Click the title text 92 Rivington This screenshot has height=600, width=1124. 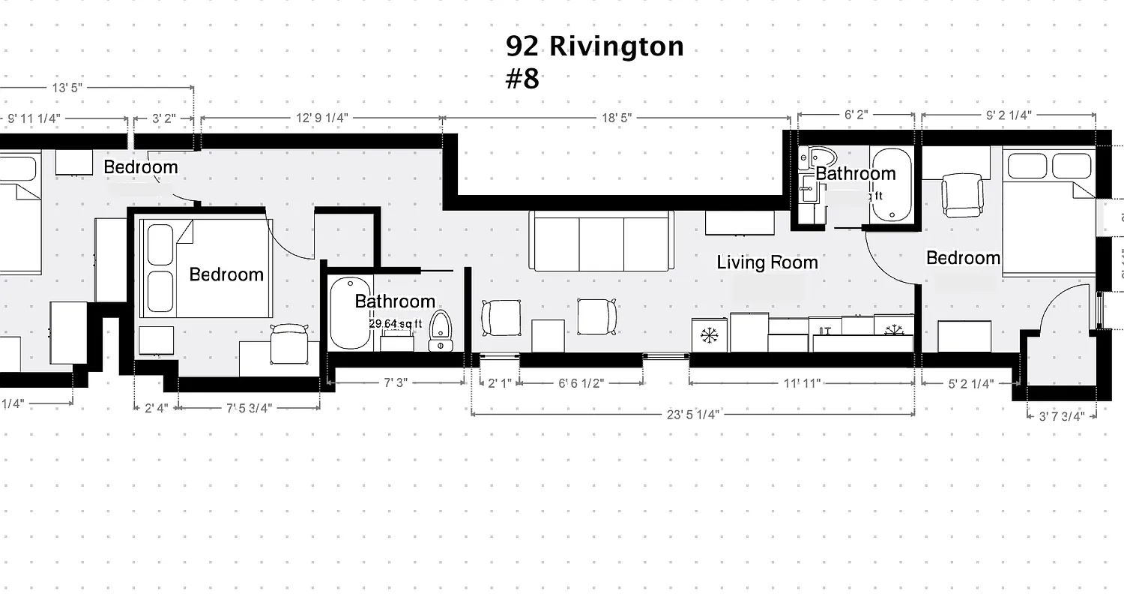point(594,46)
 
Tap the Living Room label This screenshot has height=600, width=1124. point(767,262)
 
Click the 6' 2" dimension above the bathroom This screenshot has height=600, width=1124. point(855,115)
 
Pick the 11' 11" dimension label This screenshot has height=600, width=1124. point(802,382)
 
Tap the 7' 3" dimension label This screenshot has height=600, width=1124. point(396,382)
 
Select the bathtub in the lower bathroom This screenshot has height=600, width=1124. point(351,313)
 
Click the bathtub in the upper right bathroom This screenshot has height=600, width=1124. point(891,184)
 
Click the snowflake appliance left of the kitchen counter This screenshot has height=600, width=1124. point(709,335)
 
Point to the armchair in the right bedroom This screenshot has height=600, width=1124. point(961,193)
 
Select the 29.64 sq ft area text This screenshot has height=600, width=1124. point(396,324)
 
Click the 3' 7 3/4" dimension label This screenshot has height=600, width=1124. point(1061,416)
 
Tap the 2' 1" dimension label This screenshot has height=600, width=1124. point(499,382)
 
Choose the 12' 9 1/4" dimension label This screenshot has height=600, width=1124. point(322,118)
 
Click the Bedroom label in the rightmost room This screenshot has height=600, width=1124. point(963,258)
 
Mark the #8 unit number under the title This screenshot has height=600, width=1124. point(522,79)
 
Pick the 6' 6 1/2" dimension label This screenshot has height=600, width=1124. point(581,382)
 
